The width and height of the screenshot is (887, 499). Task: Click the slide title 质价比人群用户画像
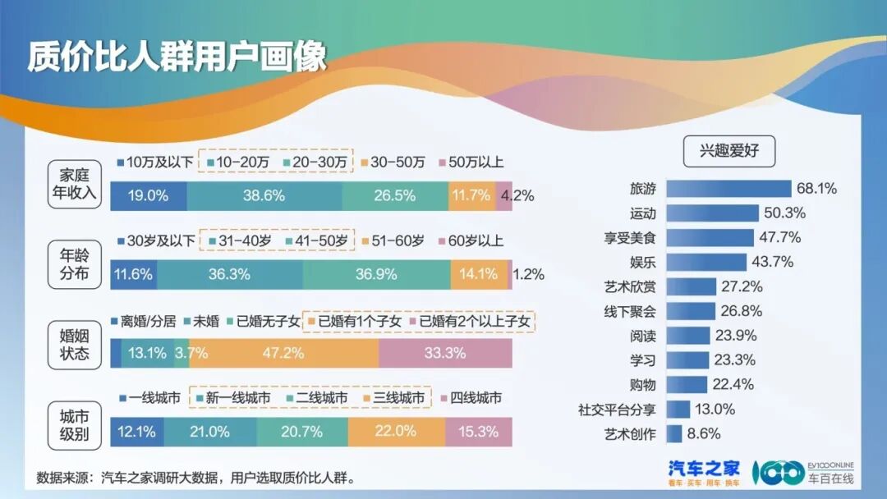pos(177,57)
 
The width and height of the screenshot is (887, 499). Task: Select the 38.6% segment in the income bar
pos(264,196)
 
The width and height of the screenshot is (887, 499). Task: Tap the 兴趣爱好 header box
pos(726,151)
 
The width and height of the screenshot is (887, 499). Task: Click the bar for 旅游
pos(728,189)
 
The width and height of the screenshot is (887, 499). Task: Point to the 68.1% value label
pos(816,189)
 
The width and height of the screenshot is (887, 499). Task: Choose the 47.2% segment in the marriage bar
pos(283,354)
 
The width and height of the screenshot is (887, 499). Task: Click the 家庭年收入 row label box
pos(73,185)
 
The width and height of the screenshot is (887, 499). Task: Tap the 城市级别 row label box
pos(73,421)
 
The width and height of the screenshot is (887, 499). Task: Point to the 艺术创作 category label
pos(630,434)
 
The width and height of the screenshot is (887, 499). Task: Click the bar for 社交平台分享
pos(678,410)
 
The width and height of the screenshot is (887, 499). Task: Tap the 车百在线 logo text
pos(830,478)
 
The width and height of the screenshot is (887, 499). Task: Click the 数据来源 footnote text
pos(197,478)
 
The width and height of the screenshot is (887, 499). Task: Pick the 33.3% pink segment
pos(445,354)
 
